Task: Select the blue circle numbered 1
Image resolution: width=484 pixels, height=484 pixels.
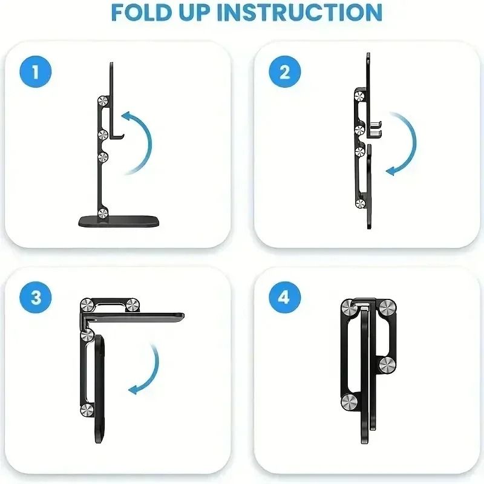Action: click(35, 72)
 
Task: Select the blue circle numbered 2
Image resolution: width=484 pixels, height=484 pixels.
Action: click(284, 72)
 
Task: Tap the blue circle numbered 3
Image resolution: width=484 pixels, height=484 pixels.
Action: click(35, 297)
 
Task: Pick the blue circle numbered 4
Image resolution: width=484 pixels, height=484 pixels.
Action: click(284, 297)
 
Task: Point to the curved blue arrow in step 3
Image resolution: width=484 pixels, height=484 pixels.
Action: click(150, 370)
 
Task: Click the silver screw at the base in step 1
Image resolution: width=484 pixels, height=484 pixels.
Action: click(104, 212)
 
